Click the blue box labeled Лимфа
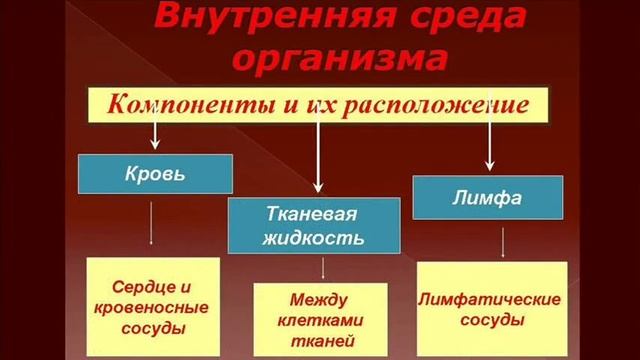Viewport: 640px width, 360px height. (488, 197)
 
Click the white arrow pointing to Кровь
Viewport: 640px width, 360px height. (155, 130)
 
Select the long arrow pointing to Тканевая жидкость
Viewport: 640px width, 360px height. (318, 150)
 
